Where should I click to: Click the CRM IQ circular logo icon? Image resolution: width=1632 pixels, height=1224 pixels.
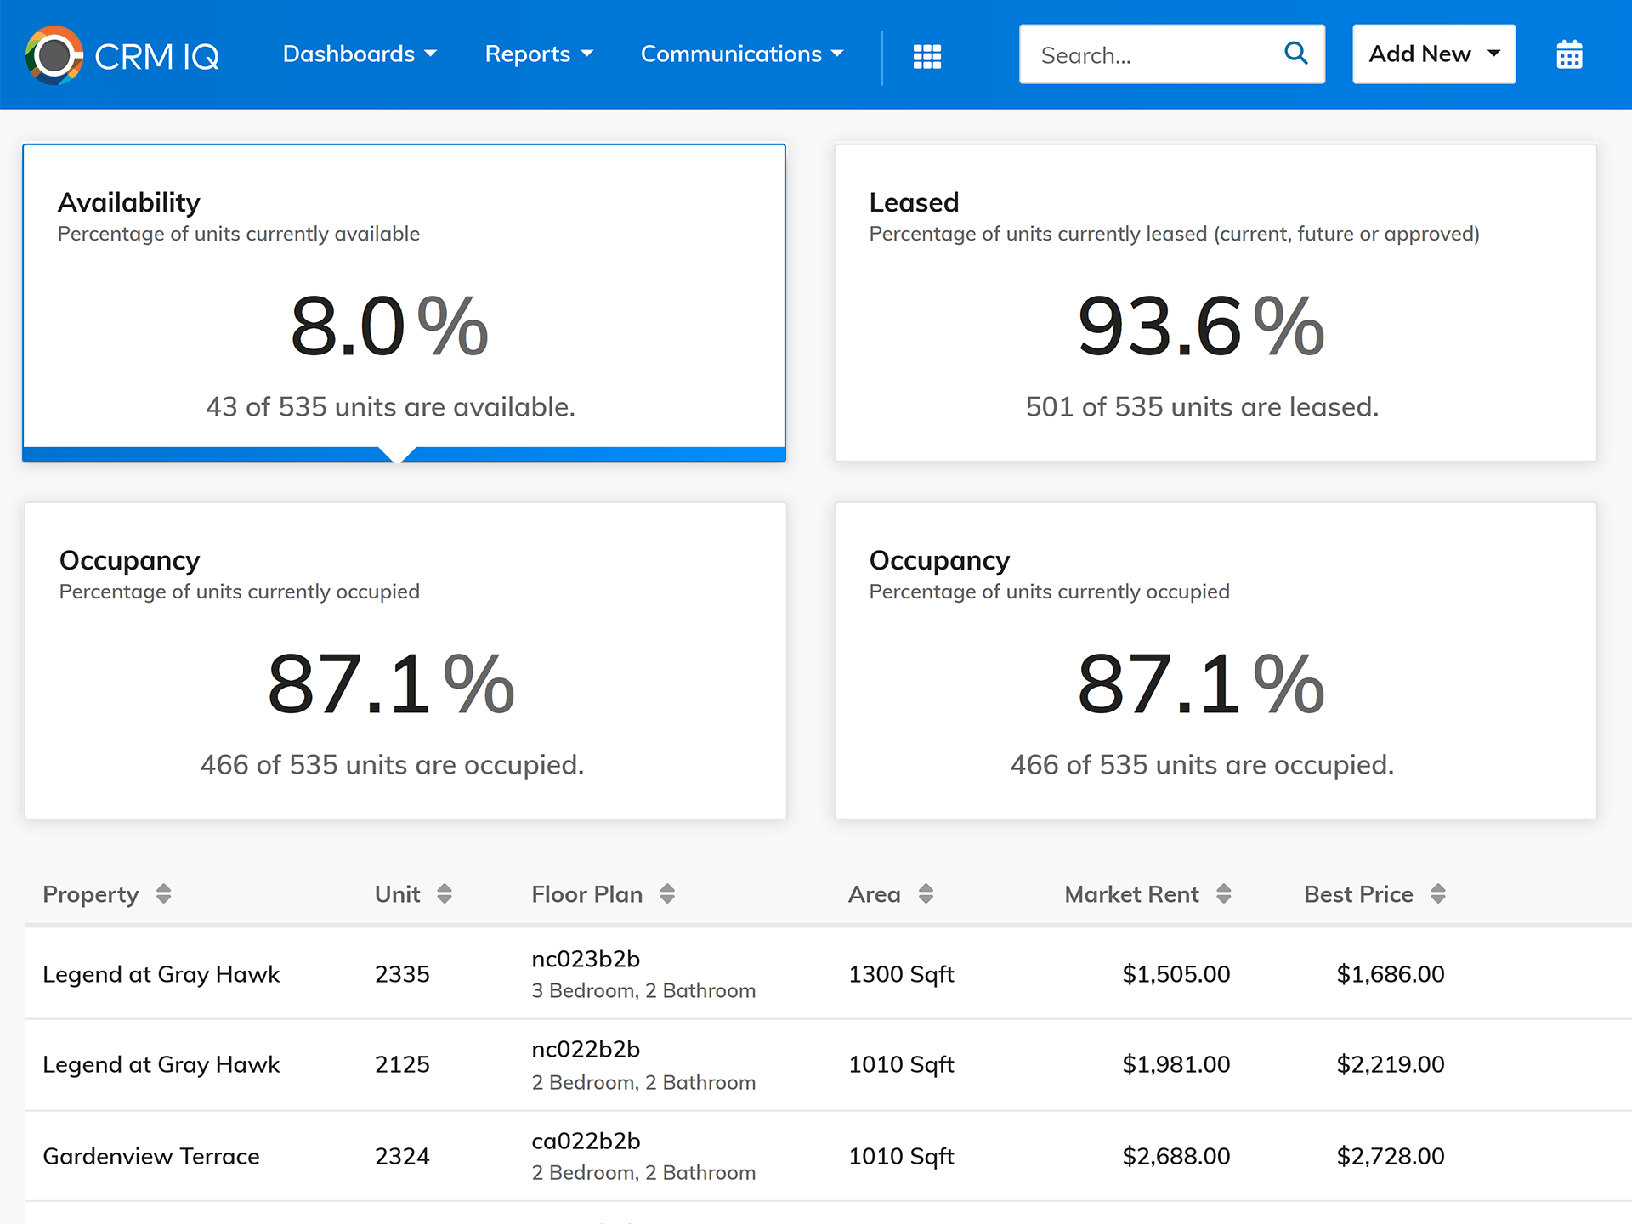(x=54, y=56)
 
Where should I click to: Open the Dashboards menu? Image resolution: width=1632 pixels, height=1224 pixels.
(x=360, y=54)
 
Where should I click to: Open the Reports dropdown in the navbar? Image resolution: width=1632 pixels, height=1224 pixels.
(x=539, y=54)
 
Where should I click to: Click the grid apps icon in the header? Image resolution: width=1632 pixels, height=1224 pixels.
(x=926, y=56)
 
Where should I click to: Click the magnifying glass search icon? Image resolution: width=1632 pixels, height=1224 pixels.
(x=1295, y=54)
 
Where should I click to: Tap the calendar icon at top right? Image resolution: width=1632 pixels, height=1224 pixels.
(x=1569, y=55)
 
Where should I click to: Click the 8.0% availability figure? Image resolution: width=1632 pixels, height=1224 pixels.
(x=389, y=327)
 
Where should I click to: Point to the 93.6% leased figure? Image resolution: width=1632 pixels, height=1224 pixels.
(x=1200, y=327)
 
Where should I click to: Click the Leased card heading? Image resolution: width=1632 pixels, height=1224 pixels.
(x=914, y=202)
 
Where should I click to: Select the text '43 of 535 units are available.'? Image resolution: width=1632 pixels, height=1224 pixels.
(x=390, y=407)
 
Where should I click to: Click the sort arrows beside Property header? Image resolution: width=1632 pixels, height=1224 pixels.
(x=164, y=894)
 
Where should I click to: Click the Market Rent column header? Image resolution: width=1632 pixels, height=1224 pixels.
(x=1131, y=894)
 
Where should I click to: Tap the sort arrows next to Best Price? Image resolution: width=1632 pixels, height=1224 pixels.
(x=1437, y=894)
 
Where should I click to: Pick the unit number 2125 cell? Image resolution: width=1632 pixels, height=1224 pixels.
(x=402, y=1064)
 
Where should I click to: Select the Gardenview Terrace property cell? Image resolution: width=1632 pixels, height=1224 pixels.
(x=151, y=1156)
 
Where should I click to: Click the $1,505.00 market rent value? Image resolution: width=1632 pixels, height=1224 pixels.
(x=1176, y=974)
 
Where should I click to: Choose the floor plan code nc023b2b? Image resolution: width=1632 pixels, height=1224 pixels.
(x=586, y=959)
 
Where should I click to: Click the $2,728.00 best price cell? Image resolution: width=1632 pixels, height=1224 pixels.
(x=1390, y=1156)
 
